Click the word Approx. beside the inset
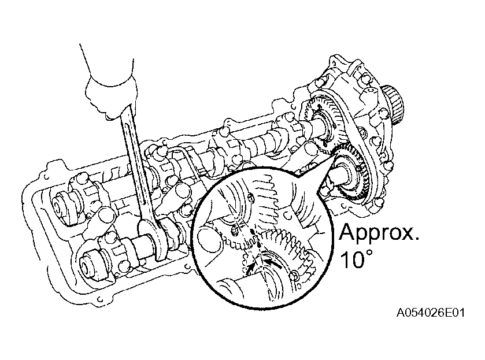coord(379,233)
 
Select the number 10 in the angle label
coord(352,259)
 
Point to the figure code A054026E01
coord(430,313)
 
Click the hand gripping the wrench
coord(112,94)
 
